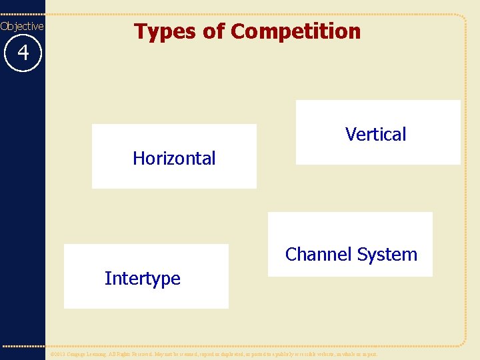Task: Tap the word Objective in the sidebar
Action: [22, 26]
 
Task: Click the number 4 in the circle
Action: [23, 52]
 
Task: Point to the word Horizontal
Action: [174, 158]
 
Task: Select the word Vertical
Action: [375, 134]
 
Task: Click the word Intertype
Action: [142, 278]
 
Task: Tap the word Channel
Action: [318, 254]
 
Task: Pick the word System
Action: [387, 254]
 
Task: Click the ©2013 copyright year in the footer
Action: [59, 355]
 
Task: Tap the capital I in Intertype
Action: [107, 278]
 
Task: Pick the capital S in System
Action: [361, 254]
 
